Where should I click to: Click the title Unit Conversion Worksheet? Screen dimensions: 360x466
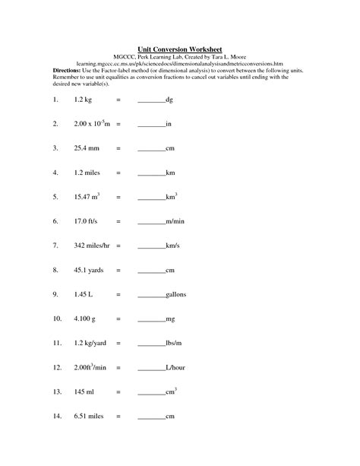(180, 47)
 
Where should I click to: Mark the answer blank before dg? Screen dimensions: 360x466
(151, 100)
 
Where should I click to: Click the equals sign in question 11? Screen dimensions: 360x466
(118, 343)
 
